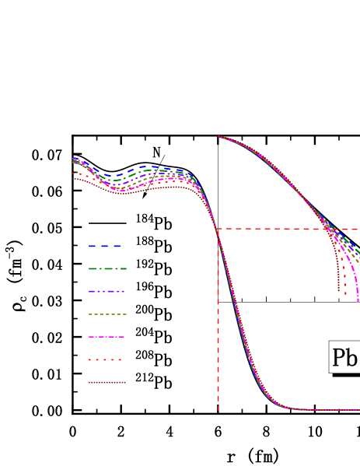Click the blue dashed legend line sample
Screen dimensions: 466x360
[x=104, y=246]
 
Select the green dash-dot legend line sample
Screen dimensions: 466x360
[x=107, y=268]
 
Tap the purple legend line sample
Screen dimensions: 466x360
[x=107, y=291]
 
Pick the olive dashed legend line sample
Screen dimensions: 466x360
[x=107, y=314]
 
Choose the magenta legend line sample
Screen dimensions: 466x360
[x=107, y=337]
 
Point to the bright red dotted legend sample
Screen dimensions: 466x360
[x=105, y=359]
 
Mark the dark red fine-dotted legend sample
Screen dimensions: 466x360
[x=107, y=382]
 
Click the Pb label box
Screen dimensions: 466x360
[x=344, y=357]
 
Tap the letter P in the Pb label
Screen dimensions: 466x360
[x=339, y=358]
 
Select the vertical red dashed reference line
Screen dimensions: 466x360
[x=218, y=327]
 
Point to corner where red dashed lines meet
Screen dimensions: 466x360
[x=218, y=229]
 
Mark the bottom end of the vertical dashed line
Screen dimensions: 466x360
[x=218, y=409]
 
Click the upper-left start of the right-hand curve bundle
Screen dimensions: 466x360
[x=218, y=136]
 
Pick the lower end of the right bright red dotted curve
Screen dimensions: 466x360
[x=346, y=294]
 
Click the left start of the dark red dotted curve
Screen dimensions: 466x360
[x=74, y=179]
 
